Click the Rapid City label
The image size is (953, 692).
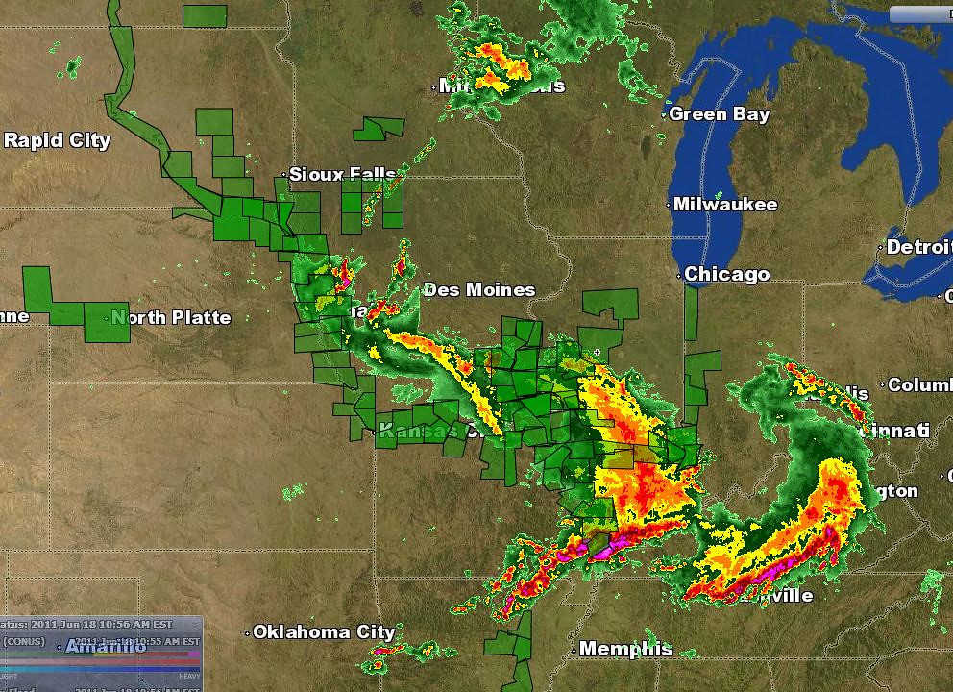tap(57, 140)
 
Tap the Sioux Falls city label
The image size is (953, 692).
tap(342, 174)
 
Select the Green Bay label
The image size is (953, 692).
tap(719, 114)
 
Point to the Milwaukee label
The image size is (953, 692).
tap(725, 205)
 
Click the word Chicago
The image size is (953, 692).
tap(726, 275)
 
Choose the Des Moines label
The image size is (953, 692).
tap(478, 289)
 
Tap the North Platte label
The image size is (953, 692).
tap(173, 317)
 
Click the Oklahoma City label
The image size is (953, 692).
tap(324, 632)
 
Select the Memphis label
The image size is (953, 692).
tap(624, 649)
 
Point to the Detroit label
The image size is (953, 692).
tap(918, 247)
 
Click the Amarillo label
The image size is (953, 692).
tap(106, 647)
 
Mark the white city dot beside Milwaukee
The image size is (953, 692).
tap(669, 205)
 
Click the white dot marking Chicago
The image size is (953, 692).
tap(679, 276)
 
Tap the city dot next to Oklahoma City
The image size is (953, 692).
tap(247, 633)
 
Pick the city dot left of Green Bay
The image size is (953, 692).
tap(664, 115)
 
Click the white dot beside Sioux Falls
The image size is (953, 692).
tap(284, 175)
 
